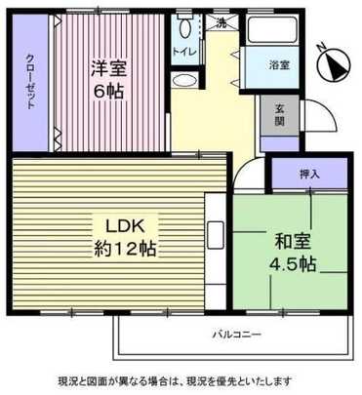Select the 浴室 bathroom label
pos(280,66)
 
